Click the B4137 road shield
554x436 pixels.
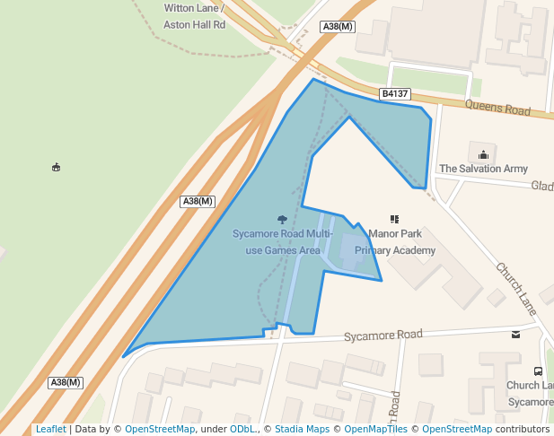(x=395, y=93)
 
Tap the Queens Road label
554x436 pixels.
(x=498, y=109)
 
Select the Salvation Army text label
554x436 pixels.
(x=483, y=169)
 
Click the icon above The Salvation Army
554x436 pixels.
(x=483, y=154)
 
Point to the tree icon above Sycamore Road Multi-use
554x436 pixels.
(x=283, y=219)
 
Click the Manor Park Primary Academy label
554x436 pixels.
(x=395, y=241)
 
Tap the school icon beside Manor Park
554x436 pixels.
(x=394, y=219)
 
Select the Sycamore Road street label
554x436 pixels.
(x=383, y=335)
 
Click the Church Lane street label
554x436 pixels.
(x=515, y=287)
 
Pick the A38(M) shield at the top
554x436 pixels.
(x=338, y=26)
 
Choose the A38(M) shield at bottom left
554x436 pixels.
(x=66, y=382)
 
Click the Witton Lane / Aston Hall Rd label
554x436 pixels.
(x=194, y=16)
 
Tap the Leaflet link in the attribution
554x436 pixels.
(x=50, y=429)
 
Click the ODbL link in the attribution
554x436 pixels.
(x=241, y=429)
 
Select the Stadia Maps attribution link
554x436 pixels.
(x=302, y=429)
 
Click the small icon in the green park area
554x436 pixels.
(x=57, y=167)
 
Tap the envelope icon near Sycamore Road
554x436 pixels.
(x=515, y=335)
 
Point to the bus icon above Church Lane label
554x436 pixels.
(x=538, y=371)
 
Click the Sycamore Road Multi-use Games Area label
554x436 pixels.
(x=283, y=241)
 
